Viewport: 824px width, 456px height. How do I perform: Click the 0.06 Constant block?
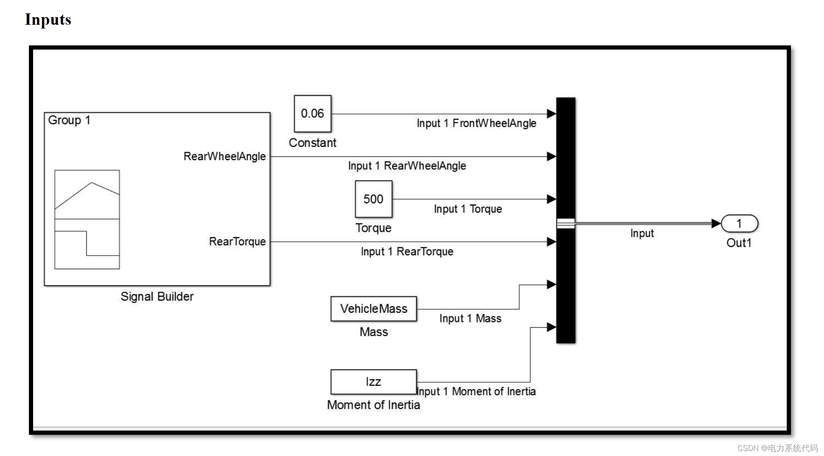(312, 114)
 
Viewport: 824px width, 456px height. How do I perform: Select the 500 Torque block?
(373, 199)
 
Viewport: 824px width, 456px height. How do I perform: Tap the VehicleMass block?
(373, 309)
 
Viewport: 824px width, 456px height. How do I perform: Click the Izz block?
(373, 382)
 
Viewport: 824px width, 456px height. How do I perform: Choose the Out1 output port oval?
(739, 224)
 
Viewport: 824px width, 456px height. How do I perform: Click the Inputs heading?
(48, 20)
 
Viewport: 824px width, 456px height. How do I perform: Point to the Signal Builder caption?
(157, 297)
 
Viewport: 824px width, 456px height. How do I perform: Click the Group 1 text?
(69, 120)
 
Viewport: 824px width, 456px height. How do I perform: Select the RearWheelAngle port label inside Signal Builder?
(225, 156)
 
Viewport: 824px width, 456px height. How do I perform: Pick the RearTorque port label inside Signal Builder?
(237, 242)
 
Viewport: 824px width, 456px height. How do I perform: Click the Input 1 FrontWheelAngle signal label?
(477, 123)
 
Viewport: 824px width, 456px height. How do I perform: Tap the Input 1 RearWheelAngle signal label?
(407, 166)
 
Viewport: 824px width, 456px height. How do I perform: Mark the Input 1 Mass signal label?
(470, 319)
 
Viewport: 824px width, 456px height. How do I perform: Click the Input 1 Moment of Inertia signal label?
(477, 391)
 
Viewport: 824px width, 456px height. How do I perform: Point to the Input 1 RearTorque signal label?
(407, 251)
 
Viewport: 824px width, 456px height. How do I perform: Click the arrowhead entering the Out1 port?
(716, 224)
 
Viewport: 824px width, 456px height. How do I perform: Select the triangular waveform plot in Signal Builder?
(87, 194)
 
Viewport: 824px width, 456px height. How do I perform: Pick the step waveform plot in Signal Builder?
(87, 244)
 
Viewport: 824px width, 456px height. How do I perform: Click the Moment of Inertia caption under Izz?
(373, 405)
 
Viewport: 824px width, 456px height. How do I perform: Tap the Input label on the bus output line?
(642, 233)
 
